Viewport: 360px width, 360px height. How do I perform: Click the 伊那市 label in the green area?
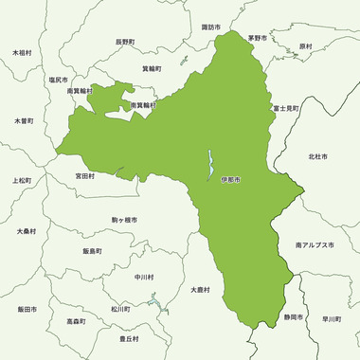point(231,180)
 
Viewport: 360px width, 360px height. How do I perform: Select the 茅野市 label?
point(258,38)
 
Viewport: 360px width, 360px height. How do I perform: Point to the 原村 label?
point(305,45)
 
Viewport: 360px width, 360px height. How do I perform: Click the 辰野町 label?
point(126,42)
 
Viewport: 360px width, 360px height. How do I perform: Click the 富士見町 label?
point(285,109)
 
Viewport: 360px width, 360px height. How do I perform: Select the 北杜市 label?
point(317,156)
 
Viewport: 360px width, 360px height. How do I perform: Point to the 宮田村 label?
point(85,176)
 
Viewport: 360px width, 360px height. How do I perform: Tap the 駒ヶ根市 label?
point(124,220)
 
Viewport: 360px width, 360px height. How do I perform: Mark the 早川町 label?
point(331,319)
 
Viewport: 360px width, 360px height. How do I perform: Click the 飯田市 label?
point(27,310)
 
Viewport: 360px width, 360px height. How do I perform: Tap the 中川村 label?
point(144,278)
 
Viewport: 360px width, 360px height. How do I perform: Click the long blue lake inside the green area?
point(210,166)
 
